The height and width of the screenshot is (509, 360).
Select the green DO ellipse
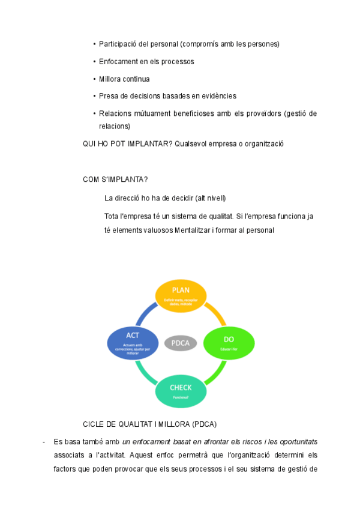(229, 343)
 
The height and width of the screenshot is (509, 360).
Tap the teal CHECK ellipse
(181, 391)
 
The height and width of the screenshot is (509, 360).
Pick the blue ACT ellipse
(133, 343)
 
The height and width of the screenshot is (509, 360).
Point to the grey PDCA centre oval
(181, 343)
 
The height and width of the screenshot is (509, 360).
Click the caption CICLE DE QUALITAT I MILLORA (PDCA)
(149, 424)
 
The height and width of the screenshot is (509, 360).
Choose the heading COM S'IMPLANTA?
(115, 179)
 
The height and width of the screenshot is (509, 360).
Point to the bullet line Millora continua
(124, 79)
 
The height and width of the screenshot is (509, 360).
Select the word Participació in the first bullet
(118, 44)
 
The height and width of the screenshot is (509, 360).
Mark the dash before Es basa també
(44, 442)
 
